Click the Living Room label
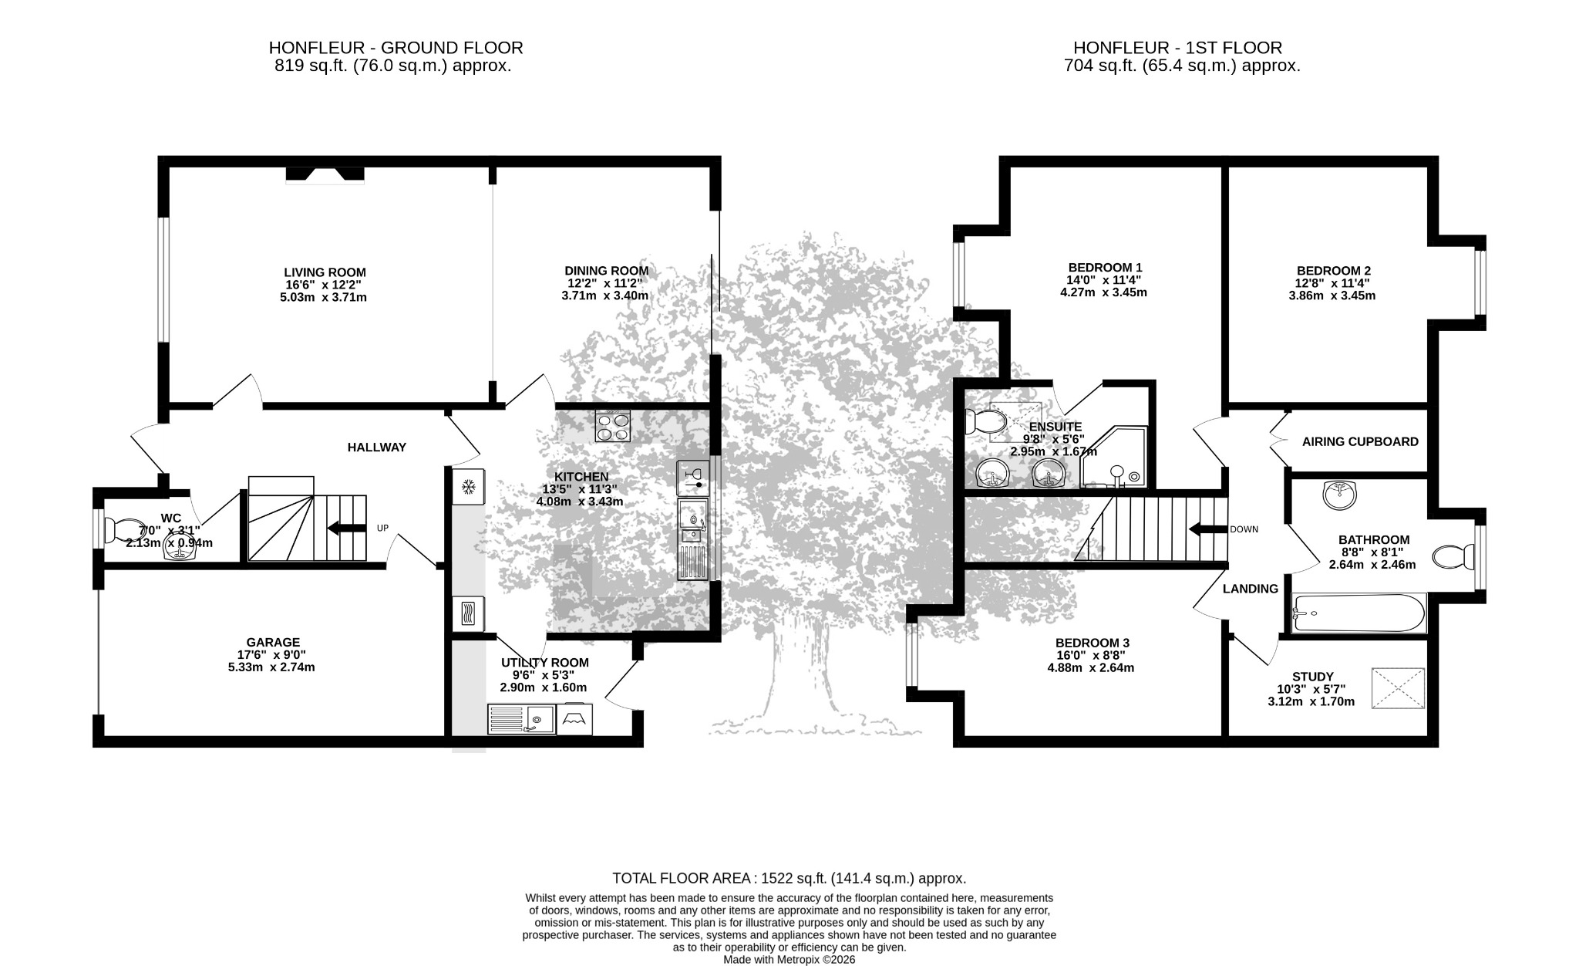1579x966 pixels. pos(325,272)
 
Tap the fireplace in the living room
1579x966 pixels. pos(325,175)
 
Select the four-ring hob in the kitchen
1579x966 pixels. pos(613,426)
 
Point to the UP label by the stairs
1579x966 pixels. pos(382,529)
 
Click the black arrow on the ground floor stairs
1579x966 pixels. pos(346,529)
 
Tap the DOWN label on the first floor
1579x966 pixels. pos(1244,529)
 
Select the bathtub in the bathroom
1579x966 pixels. pos(1359,613)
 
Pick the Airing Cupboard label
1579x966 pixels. pos(1360,442)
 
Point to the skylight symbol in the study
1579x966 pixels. pos(1398,688)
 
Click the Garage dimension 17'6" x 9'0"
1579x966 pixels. pos(273,654)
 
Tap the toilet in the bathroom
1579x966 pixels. pos(1453,556)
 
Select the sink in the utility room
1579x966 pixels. pos(521,719)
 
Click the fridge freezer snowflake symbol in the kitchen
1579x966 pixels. pos(467,486)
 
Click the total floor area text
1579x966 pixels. pos(789,878)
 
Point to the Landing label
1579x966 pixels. pos(1251,589)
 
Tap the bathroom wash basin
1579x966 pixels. pos(1342,495)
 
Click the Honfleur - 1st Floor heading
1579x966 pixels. pos(1177,48)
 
